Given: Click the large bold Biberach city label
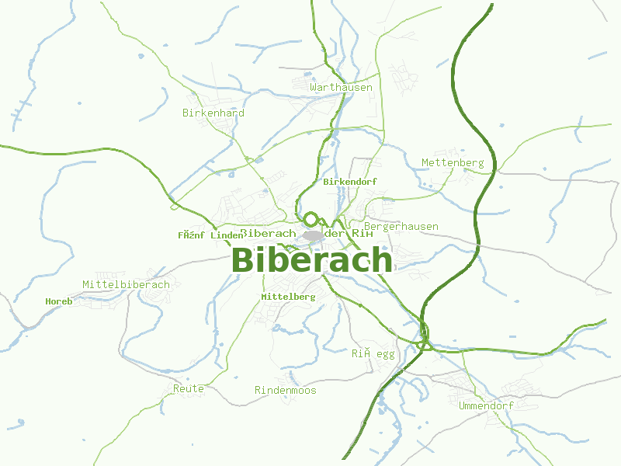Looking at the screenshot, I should click(312, 260).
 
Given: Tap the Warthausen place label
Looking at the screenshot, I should click(341, 88).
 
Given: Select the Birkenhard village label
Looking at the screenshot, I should click(213, 113).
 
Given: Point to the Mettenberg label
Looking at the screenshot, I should click(453, 163).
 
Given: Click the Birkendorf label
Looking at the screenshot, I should click(349, 182).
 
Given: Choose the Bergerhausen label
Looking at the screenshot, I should click(401, 227).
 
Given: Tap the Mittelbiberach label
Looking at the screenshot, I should click(126, 285).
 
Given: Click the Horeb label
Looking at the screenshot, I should click(59, 301).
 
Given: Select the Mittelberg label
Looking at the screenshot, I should click(288, 297).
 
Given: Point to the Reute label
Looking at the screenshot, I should click(189, 388).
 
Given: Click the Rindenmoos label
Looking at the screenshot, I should click(286, 391).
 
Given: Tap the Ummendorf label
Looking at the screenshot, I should click(487, 406).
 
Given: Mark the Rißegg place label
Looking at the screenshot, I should click(373, 354).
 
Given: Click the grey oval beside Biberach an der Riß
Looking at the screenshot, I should click(314, 235).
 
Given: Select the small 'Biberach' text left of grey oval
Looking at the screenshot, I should click(269, 234).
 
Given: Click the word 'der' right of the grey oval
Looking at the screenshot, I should click(335, 234).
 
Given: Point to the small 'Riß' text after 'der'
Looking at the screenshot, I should click(362, 234).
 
